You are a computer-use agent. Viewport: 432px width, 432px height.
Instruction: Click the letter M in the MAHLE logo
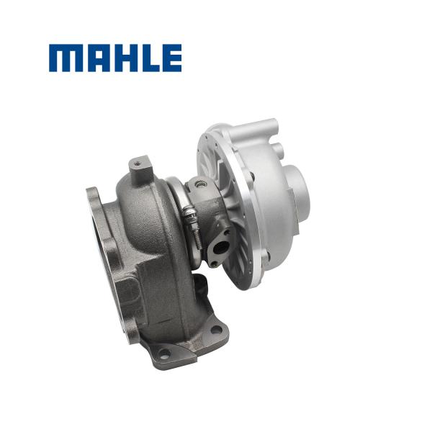65,58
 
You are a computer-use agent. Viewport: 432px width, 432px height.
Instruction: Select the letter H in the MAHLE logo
120,58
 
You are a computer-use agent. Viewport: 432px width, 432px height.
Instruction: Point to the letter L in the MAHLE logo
146,58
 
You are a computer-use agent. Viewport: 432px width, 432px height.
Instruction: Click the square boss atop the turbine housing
140,167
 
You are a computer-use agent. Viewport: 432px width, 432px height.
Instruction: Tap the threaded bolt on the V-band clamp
189,215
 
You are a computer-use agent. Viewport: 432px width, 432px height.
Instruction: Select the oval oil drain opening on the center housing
220,246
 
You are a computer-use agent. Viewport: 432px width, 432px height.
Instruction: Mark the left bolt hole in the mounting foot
164,354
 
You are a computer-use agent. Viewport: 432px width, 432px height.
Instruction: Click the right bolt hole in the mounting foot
216,330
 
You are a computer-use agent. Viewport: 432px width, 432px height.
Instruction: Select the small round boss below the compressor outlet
280,151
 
